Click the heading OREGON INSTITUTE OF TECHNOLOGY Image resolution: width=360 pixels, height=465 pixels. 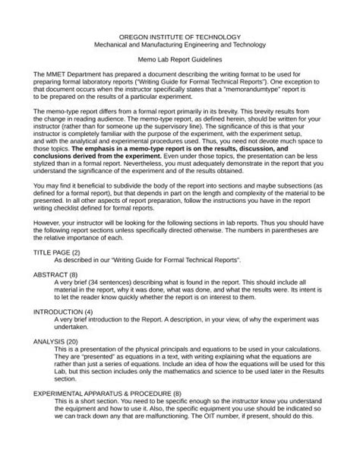click(180, 36)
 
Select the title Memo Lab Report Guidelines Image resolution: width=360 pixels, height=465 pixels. click(180, 58)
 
